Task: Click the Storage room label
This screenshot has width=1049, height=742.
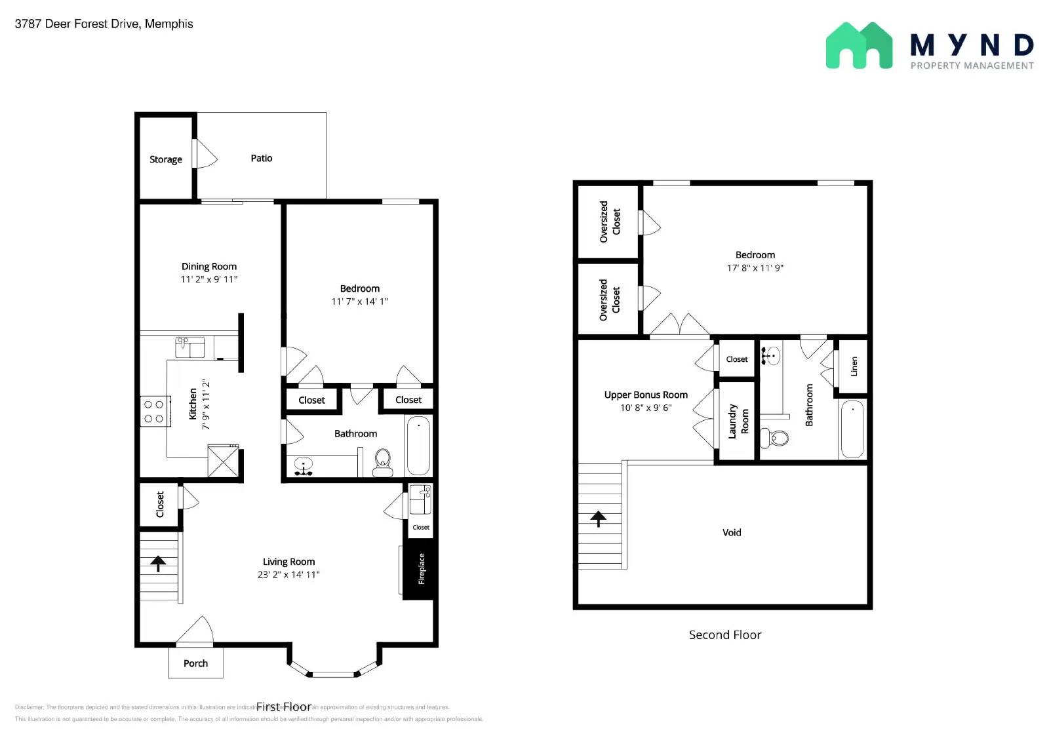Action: tap(165, 159)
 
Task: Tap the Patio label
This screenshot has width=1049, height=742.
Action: tap(261, 158)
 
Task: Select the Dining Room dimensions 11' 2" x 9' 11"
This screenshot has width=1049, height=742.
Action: tap(208, 279)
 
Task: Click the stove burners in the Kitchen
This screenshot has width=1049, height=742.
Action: tap(154, 412)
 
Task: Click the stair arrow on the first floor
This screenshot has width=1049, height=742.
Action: tap(158, 563)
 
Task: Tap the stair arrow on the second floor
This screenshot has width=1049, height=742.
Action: tap(598, 518)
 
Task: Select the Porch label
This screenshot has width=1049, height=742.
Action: tap(195, 663)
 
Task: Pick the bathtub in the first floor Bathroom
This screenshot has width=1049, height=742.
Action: tap(418, 445)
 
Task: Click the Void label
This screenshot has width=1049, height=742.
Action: tap(732, 532)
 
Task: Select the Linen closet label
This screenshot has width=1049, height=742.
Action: tap(854, 366)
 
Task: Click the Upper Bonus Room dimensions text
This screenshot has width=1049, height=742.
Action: tap(646, 408)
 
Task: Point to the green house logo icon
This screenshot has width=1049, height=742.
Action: tap(859, 46)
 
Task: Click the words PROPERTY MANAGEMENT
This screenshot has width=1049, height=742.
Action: tap(972, 66)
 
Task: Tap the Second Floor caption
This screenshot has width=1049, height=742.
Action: tap(725, 635)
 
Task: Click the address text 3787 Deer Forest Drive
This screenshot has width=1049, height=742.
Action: tap(104, 24)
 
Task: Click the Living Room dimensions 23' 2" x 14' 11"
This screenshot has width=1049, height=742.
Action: tap(288, 575)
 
